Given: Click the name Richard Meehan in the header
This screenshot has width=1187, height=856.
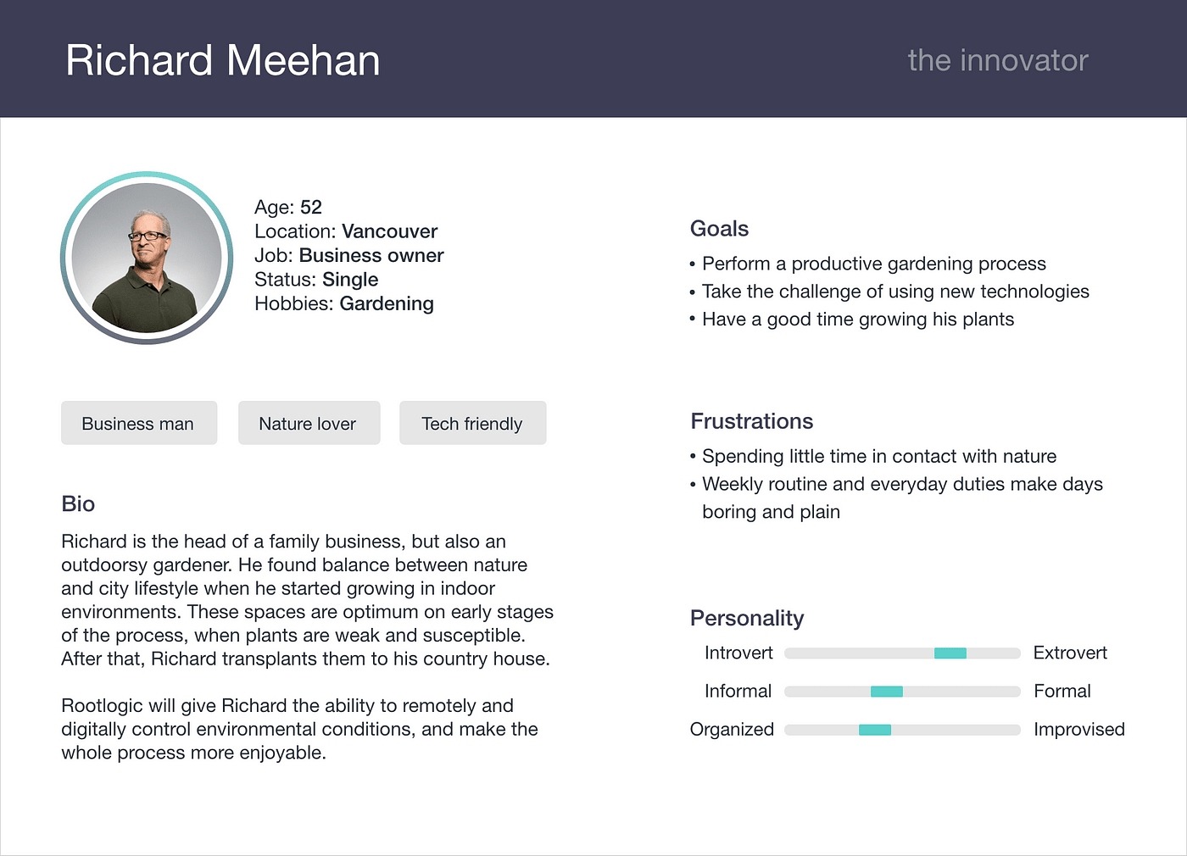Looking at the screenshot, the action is point(222,60).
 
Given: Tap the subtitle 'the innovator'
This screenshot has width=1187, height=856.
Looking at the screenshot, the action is point(998,60).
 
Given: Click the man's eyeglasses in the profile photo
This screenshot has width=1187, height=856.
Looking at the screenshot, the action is point(148,236).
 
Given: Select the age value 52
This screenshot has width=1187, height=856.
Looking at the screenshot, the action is point(311,207).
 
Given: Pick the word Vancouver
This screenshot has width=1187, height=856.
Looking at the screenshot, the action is point(389,231).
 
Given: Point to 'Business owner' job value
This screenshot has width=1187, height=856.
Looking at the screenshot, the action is point(371,255).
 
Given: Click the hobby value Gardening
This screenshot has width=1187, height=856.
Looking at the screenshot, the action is point(387,303).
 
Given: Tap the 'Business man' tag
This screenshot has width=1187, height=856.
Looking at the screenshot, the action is point(139,423).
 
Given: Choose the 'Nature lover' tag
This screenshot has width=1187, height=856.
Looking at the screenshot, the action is point(309,423).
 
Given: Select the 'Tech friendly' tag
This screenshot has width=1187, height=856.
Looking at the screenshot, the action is point(473,423).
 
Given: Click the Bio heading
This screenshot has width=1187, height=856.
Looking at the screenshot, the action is point(78,503).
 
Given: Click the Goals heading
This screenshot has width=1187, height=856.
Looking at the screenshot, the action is point(719,229).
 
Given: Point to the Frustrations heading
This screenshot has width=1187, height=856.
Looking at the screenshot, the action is point(751,421).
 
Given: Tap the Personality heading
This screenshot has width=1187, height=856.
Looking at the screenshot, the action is point(747,618).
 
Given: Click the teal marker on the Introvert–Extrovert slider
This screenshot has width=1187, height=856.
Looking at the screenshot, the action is point(950,653).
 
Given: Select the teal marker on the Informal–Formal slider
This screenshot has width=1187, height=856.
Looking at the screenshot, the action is point(887,692).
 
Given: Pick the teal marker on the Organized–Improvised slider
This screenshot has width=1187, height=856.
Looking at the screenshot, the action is point(875,730).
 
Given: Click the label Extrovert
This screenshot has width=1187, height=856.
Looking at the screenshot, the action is point(1070,653).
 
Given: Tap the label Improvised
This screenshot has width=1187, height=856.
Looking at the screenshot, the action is point(1078,730).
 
